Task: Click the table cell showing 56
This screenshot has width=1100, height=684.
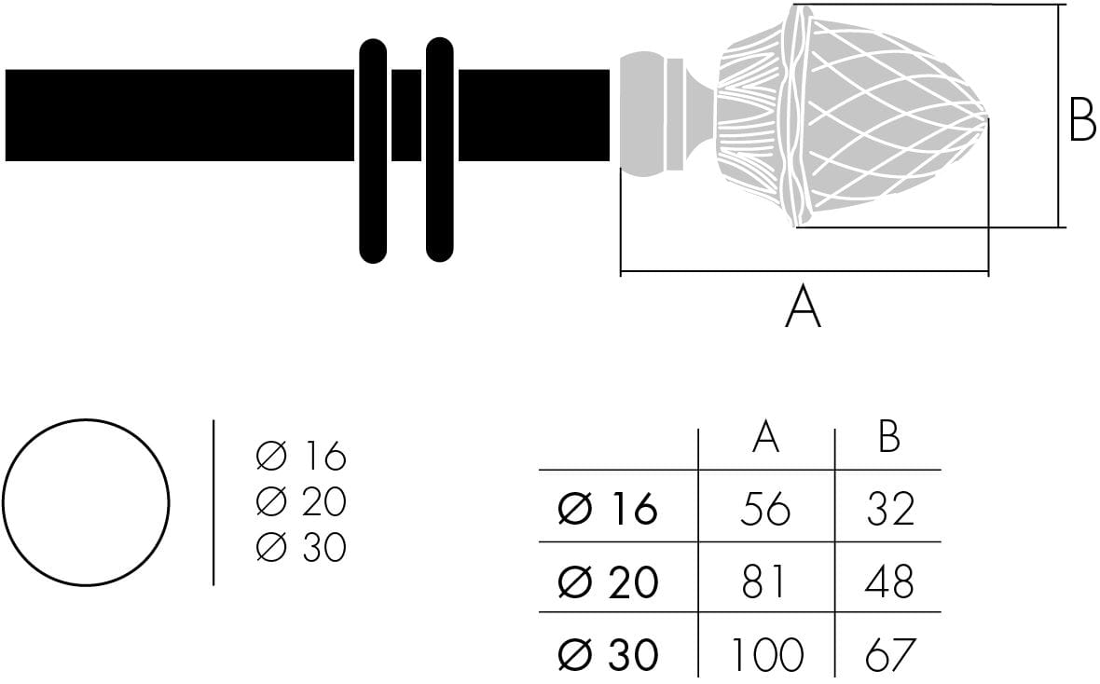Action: tap(765, 509)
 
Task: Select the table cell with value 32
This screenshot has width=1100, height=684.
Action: tap(889, 509)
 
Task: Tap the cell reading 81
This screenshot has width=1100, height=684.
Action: tap(765, 581)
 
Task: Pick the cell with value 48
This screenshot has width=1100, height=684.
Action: tap(889, 581)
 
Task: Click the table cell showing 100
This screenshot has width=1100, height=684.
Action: tap(765, 654)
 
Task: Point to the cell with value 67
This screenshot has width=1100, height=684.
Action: tap(889, 654)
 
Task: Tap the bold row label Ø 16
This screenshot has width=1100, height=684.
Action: tap(608, 509)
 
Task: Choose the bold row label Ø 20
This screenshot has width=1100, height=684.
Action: tap(608, 581)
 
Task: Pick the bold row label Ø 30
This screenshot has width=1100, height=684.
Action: tap(608, 654)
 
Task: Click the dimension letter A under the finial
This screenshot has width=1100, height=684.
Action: tap(803, 308)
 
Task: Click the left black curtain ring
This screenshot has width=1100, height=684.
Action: tap(373, 149)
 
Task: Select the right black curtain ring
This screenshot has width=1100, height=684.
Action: tap(439, 149)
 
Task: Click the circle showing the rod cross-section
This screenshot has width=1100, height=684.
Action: tap(86, 502)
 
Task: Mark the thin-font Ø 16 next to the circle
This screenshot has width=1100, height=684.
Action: tap(300, 457)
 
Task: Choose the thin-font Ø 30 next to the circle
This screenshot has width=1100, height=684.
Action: tap(300, 548)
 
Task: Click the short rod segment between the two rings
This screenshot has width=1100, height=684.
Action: tap(406, 116)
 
